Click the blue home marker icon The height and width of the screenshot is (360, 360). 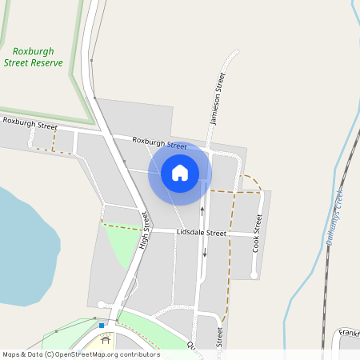[180, 173]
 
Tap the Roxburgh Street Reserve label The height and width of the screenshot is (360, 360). [34, 57]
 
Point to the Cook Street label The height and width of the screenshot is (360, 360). [258, 233]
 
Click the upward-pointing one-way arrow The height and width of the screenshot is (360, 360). [202, 210]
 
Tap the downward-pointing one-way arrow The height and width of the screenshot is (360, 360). [204, 254]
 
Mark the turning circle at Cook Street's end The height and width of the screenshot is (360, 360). [254, 275]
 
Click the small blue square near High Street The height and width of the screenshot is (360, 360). [102, 326]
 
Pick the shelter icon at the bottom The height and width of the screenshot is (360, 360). [105, 341]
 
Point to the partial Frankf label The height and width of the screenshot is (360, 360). [348, 332]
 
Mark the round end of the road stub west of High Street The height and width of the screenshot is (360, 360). [100, 304]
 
